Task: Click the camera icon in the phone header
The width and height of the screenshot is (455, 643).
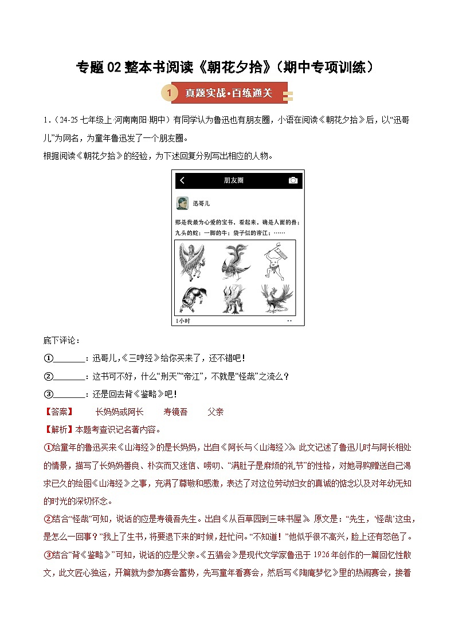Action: click(293, 180)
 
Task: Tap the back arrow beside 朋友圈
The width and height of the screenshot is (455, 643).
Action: click(182, 180)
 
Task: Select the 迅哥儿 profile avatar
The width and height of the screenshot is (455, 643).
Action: click(182, 203)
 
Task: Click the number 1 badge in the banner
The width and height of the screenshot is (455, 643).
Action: click(169, 93)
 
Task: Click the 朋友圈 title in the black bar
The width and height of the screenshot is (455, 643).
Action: click(234, 180)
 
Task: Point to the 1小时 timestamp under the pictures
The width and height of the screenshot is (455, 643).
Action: click(183, 321)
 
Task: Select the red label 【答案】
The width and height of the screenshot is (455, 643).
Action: click(59, 412)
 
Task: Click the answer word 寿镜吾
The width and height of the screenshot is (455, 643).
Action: click(175, 412)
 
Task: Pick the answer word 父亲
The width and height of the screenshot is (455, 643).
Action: click(215, 412)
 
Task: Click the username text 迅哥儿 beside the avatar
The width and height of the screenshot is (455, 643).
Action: click(202, 204)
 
